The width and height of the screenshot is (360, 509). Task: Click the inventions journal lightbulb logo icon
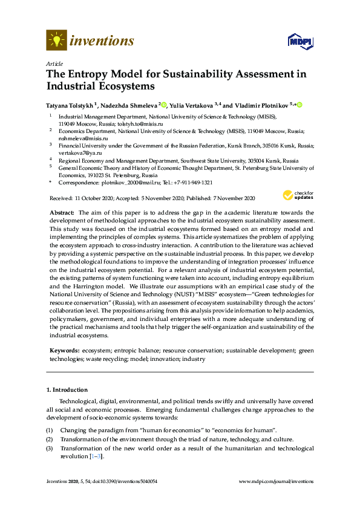56,40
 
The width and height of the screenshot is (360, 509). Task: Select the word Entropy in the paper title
87,74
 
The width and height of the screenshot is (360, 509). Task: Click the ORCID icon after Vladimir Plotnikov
298,105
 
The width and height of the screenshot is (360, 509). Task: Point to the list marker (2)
50,439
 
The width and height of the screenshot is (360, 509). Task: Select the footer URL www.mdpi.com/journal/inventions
277,482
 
